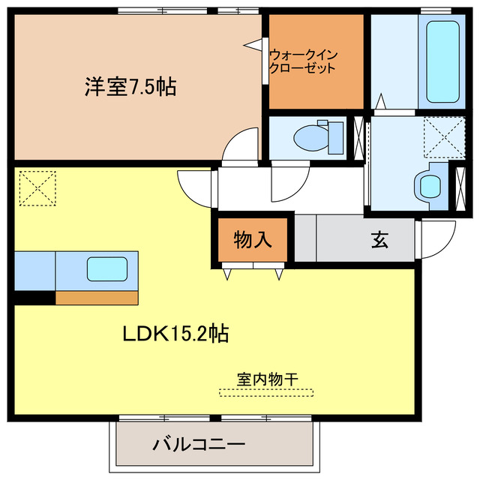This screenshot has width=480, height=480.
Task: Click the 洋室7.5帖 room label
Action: [130, 87]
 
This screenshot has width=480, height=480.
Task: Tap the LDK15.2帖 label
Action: [175, 333]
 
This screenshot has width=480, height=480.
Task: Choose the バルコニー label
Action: [199, 445]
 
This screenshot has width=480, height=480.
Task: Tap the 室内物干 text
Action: [267, 379]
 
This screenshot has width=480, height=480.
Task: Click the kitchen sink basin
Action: [107, 268]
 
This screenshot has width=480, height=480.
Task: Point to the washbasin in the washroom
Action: [430, 186]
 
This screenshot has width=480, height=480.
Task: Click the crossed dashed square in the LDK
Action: [37, 188]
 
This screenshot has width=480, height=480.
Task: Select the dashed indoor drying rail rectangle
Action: [267, 391]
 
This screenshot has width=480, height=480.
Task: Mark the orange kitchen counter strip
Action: [97, 298]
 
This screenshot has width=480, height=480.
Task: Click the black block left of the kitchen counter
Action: [34, 298]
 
